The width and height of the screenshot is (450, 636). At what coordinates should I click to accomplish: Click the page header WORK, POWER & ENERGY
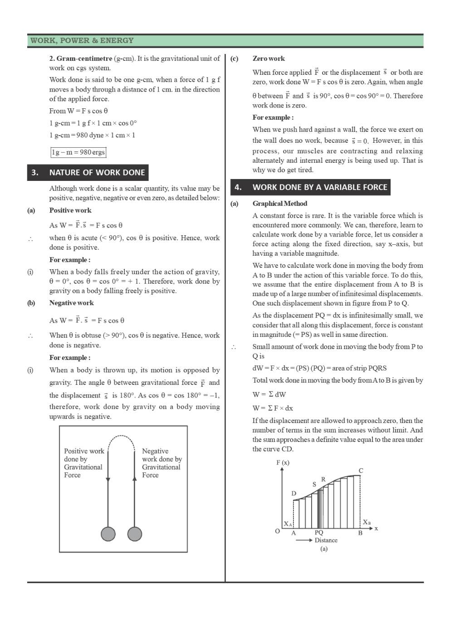pos(82,40)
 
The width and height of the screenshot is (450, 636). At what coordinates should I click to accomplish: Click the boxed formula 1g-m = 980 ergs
pos(78,152)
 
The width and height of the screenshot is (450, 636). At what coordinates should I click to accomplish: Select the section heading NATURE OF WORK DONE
pos(97,173)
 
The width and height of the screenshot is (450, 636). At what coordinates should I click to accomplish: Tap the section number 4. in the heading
pos(238,187)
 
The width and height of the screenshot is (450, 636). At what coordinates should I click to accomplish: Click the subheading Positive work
pos(70,210)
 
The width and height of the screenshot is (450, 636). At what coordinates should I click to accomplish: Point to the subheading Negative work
pos(72,303)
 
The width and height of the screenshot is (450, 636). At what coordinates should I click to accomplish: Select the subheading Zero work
pos(269,58)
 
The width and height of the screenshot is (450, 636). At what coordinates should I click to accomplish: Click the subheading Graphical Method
pos(279,204)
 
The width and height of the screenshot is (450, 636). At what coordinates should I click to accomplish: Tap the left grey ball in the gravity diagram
pos(108,534)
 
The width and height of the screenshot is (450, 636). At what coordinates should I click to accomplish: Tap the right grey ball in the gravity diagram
pos(135,534)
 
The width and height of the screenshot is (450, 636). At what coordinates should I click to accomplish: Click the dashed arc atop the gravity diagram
pos(121,437)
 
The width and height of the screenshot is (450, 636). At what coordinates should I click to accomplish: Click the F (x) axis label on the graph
pos(283,462)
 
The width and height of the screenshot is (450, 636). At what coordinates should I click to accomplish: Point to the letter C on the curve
pos(361,471)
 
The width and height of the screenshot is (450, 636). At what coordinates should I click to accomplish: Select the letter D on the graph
pos(293,493)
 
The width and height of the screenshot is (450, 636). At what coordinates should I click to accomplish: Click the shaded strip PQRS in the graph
pos(320,508)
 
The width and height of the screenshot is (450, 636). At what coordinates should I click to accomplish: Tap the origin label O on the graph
pos(277,531)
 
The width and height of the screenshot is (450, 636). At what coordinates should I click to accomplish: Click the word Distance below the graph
pos(326,540)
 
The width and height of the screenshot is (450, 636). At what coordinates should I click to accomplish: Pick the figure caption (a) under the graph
pos(323,549)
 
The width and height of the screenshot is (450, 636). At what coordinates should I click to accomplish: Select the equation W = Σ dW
pos(269,394)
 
